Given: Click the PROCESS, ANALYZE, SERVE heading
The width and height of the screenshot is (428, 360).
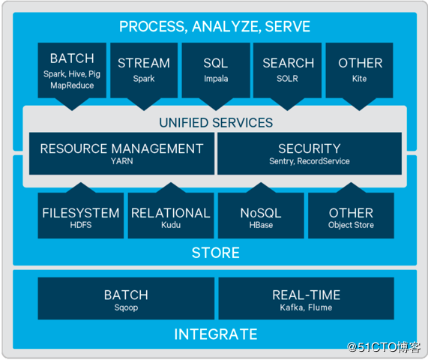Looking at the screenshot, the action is tap(214, 26).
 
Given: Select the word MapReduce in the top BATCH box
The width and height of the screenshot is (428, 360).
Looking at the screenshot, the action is tap(72, 85).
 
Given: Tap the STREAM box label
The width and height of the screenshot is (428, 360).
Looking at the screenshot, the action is tap(144, 63).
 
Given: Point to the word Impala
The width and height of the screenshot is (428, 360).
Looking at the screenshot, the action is tap(216, 79).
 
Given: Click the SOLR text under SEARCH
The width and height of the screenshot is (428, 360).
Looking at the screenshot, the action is tap(287, 79).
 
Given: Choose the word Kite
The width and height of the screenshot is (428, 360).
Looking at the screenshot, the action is tap(359, 79).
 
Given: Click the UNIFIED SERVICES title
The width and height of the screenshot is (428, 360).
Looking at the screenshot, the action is tap(216, 123).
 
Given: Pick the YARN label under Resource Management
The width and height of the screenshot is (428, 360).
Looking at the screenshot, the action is tap(121, 161).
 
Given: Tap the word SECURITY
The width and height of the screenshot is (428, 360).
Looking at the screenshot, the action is tap(310, 148).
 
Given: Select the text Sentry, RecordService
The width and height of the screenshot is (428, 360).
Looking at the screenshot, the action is tap(310, 161).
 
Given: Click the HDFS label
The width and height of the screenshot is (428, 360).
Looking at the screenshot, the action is tap(81, 225).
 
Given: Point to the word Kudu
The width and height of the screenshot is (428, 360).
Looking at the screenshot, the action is tap(171, 225).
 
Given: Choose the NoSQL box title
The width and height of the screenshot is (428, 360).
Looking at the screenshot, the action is tap(261, 213).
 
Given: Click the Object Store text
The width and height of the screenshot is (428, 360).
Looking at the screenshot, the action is tap(351, 225).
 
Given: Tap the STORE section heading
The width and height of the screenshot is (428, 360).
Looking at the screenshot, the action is tap(216, 253).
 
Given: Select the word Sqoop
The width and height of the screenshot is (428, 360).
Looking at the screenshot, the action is tap(126, 307).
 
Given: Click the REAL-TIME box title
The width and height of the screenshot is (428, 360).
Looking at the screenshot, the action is tap(307, 295).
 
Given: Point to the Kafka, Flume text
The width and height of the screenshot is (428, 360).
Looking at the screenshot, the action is tap(307, 307).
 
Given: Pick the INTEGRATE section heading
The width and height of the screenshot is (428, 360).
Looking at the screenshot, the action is tap(216, 334).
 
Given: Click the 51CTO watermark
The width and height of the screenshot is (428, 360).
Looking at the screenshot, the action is tap(384, 347).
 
